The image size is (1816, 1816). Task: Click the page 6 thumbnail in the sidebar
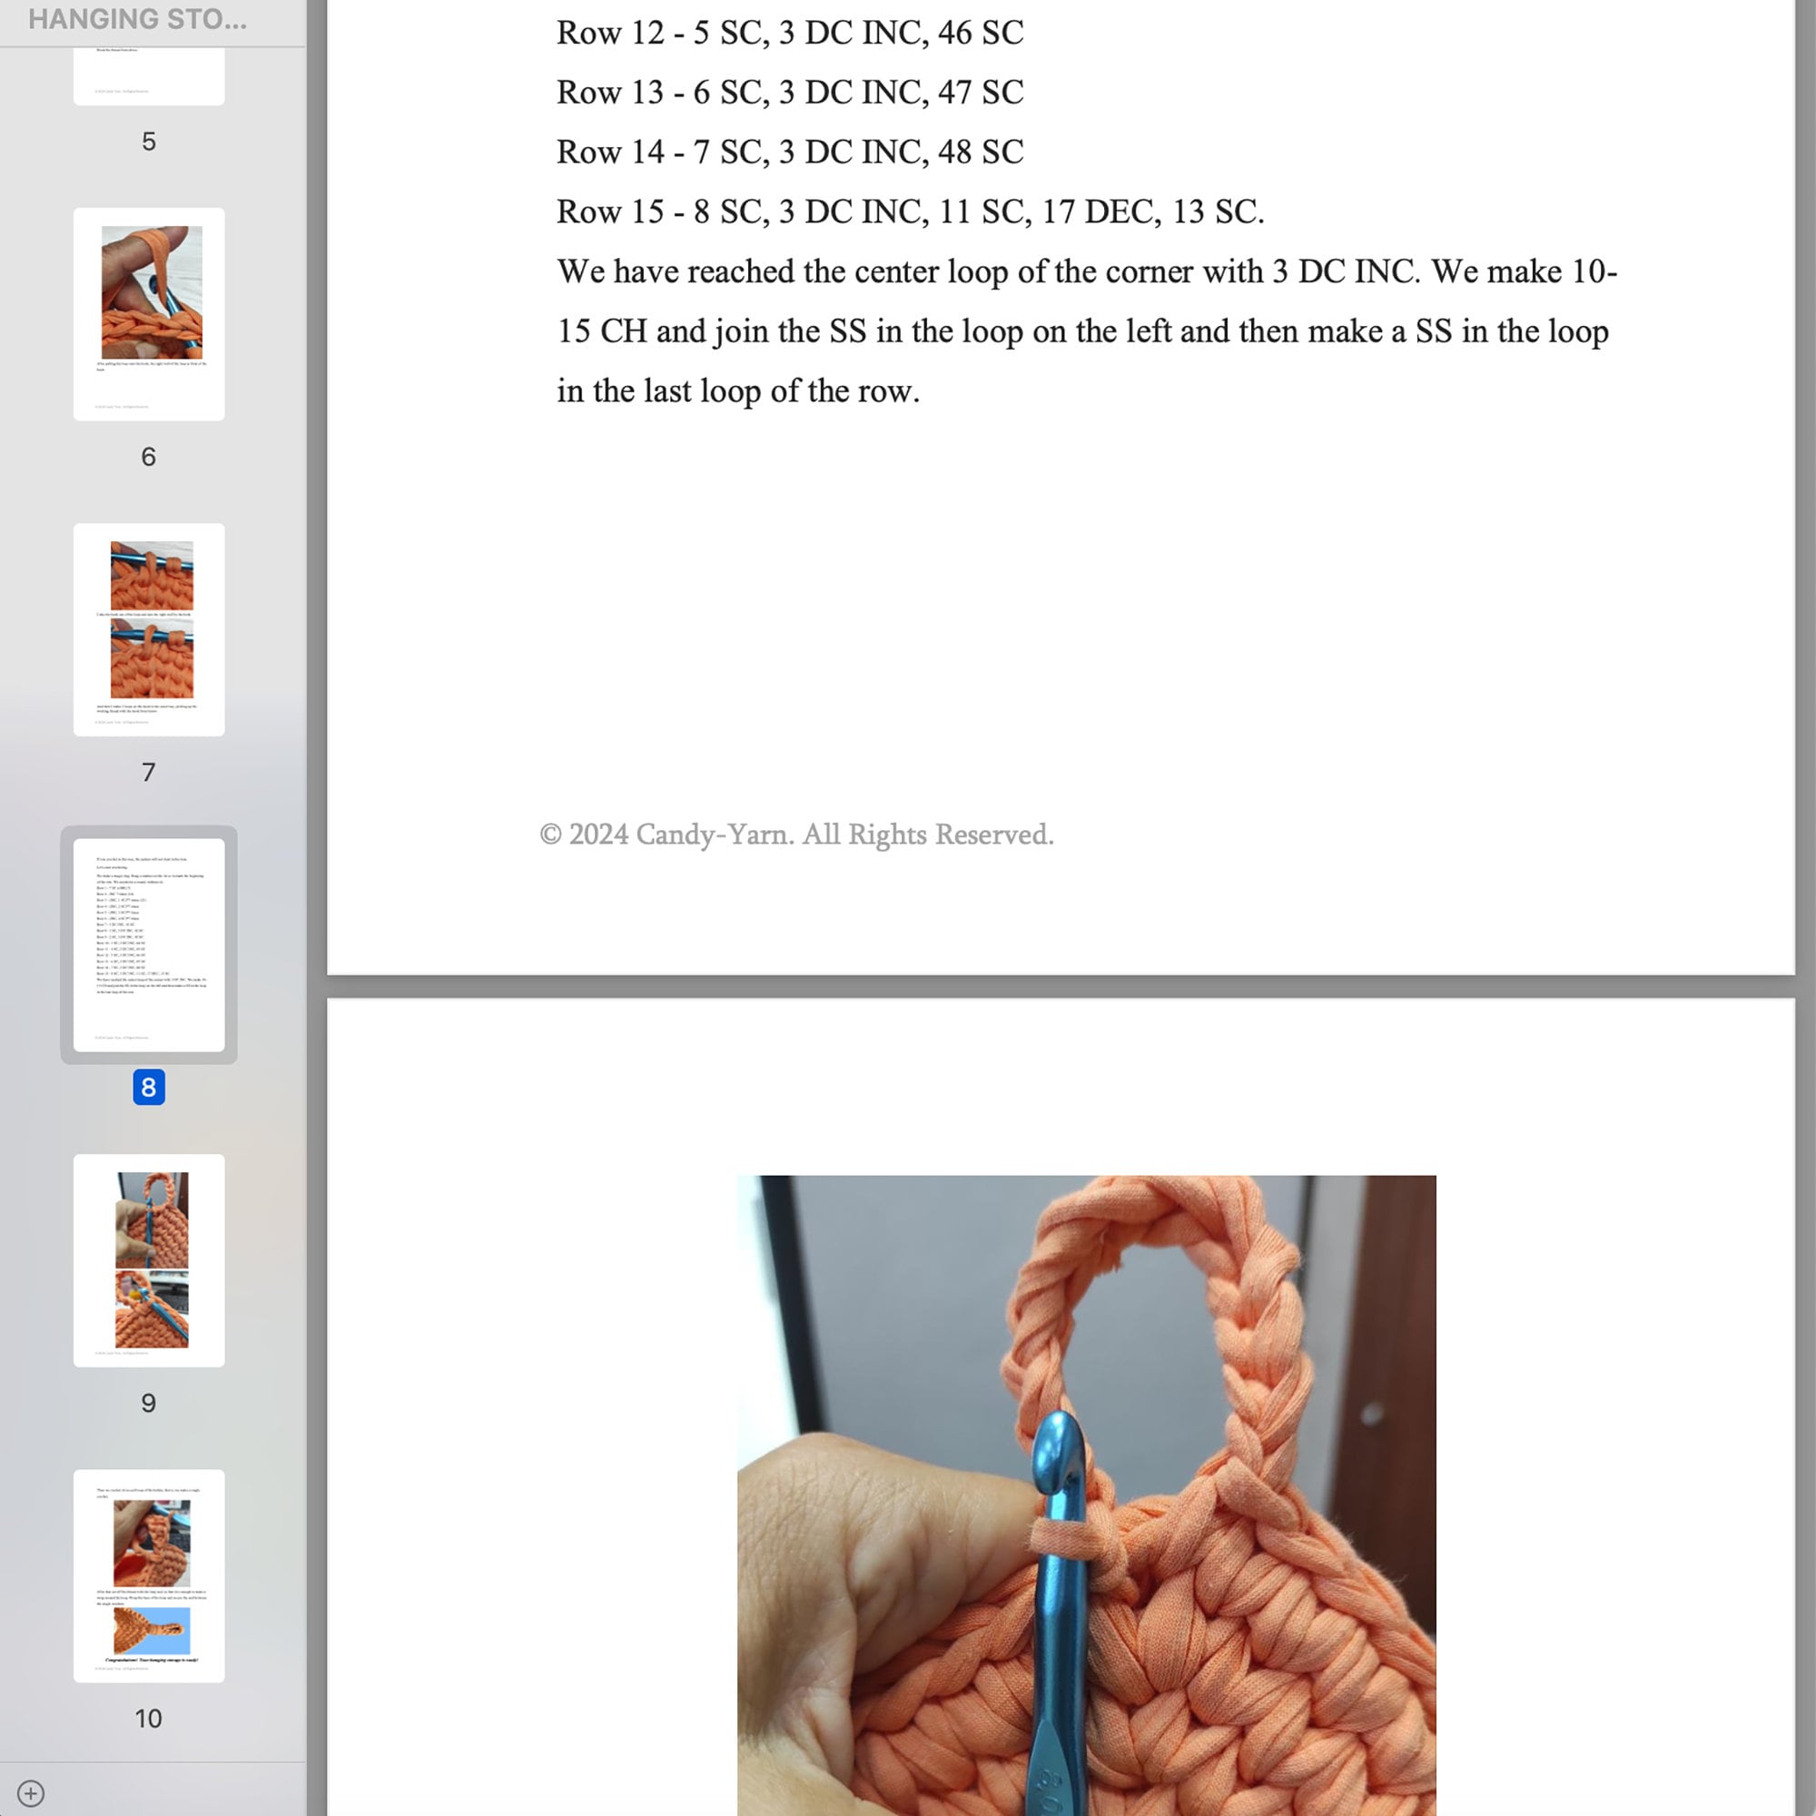149,314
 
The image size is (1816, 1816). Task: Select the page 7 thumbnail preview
149,629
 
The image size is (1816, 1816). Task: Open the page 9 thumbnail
149,1259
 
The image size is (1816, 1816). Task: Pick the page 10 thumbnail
149,1575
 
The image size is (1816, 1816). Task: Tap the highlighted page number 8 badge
149,1087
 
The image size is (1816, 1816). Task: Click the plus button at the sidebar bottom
30,1792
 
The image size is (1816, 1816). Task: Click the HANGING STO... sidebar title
137,20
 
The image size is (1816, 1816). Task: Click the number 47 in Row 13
954,92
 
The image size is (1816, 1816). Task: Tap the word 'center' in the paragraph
892,271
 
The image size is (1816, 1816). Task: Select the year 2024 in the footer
597,834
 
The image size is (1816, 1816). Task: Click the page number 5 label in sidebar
149,141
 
